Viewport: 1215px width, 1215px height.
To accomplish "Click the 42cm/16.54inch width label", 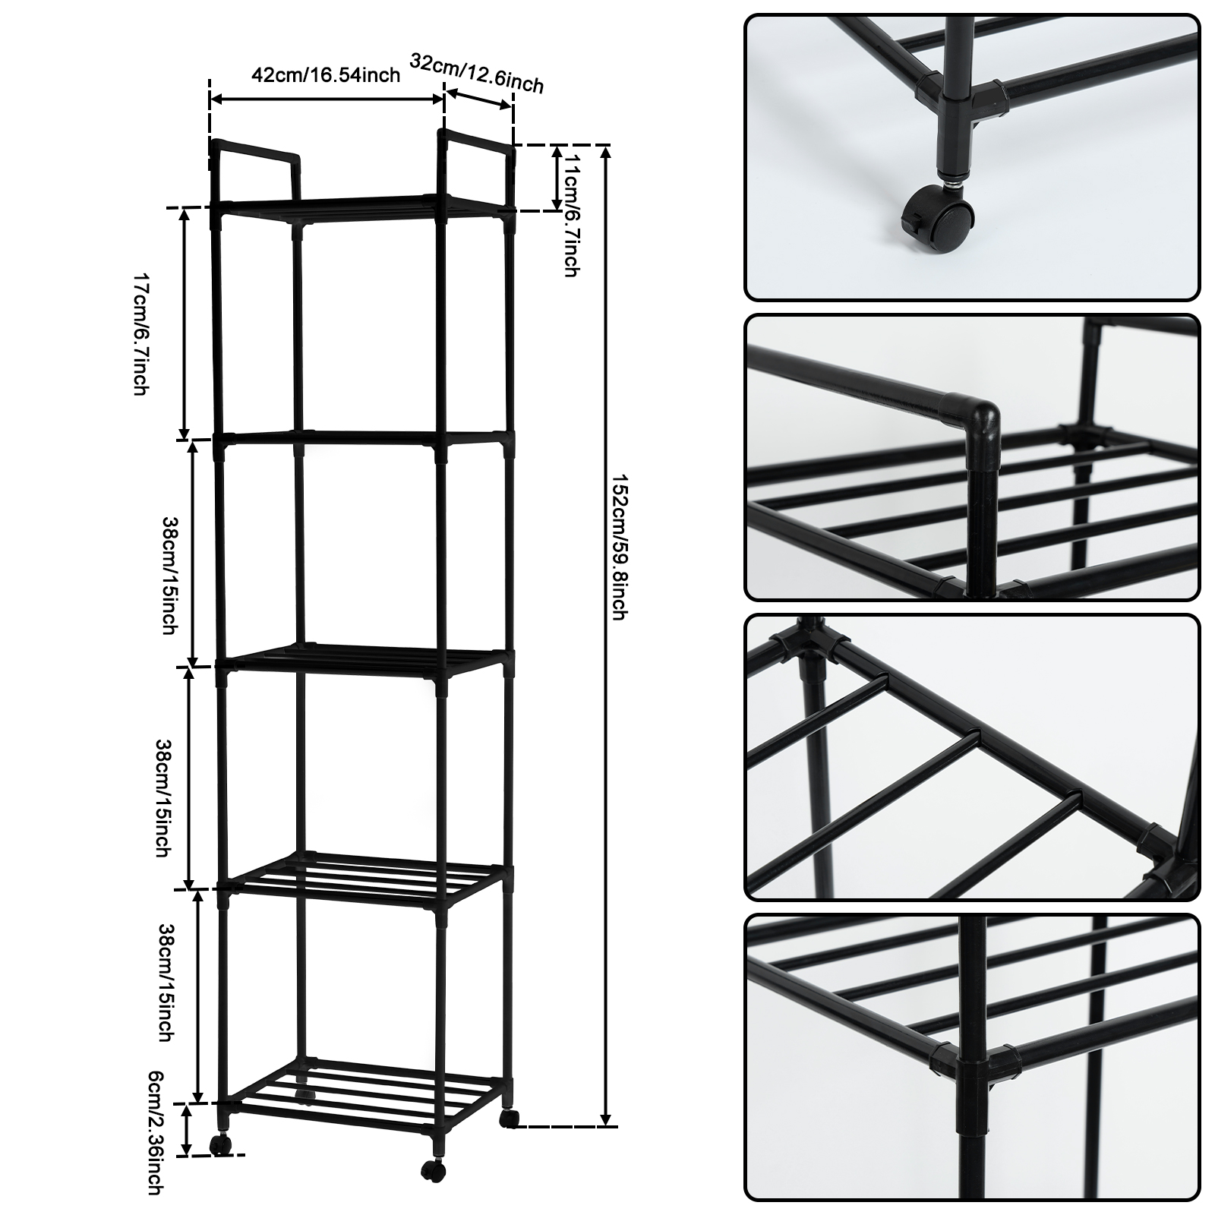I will (326, 75).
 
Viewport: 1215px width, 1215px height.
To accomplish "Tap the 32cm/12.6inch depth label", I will (477, 74).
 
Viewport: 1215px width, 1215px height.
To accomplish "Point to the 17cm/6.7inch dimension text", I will (140, 334).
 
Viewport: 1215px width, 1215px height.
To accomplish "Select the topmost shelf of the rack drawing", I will (364, 209).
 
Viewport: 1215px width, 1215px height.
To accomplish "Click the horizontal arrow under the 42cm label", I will (327, 99).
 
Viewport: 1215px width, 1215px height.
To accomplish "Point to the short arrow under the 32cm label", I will (478, 99).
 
